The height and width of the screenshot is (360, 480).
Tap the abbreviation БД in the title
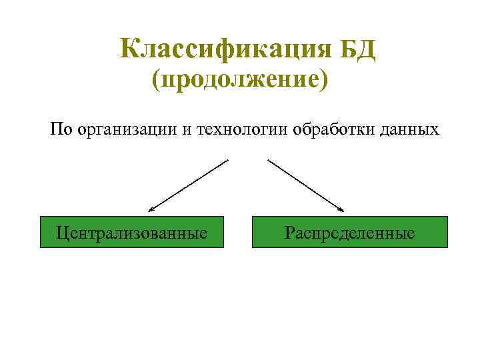pyautogui.click(x=357, y=49)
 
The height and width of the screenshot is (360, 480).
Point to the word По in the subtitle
pyautogui.click(x=61, y=128)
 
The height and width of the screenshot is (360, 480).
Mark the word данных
pyautogui.click(x=407, y=129)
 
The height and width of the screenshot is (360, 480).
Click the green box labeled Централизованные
pyautogui.click(x=132, y=232)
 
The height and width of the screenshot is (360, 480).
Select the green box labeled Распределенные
pyautogui.click(x=349, y=232)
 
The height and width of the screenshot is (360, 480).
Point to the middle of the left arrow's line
pyautogui.click(x=189, y=185)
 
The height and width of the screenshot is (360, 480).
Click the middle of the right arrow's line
pyautogui.click(x=305, y=185)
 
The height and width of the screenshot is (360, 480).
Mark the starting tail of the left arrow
pyautogui.click(x=228, y=160)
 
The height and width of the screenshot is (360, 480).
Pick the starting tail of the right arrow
pyautogui.click(x=268, y=160)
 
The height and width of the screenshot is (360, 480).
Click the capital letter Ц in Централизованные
pyautogui.click(x=63, y=233)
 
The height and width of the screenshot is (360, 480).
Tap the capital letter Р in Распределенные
pyautogui.click(x=288, y=233)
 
